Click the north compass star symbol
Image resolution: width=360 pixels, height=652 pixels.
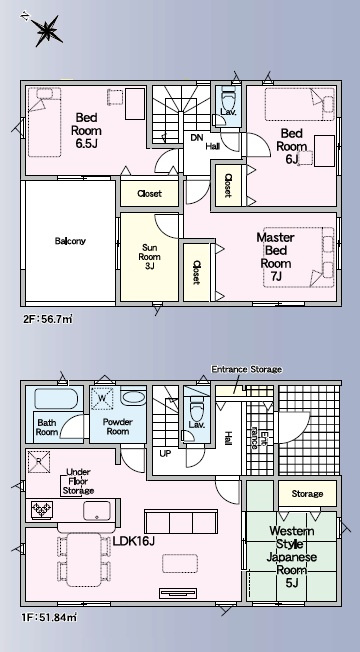pos(46,30)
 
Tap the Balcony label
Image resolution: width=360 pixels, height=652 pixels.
pos(70,241)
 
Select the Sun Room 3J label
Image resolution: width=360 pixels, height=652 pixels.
pos(149,257)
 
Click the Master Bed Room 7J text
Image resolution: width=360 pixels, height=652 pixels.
pos(275,257)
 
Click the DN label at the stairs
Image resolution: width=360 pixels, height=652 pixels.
pos(196,138)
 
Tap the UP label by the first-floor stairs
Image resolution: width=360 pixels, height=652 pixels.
pos(165,454)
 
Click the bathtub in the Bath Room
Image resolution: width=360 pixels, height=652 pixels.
pos(56,399)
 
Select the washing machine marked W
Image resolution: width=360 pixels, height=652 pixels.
pos(103,399)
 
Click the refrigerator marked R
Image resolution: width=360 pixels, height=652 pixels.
pos(39,461)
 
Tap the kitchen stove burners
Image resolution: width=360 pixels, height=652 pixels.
pos(42,509)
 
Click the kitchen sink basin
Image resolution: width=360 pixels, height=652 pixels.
pos(97,511)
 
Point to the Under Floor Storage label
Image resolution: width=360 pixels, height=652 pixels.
pos(78,482)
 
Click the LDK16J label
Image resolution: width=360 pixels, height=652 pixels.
pos(134,541)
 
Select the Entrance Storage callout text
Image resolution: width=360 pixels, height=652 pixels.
pos(247,369)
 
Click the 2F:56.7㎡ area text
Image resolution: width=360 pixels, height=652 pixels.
pos(47,320)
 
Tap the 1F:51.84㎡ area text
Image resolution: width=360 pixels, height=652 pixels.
pos(49,617)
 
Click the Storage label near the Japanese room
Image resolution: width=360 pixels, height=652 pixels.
pos(307,494)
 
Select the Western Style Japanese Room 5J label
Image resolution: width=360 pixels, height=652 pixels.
pos(291,557)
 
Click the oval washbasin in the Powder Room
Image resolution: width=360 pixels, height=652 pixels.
pos(133,397)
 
